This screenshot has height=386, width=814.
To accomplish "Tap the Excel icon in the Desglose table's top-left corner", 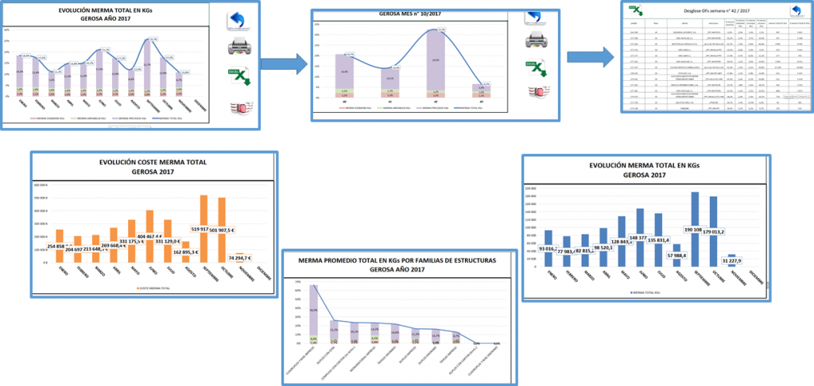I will pyautogui.click(x=636, y=9).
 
